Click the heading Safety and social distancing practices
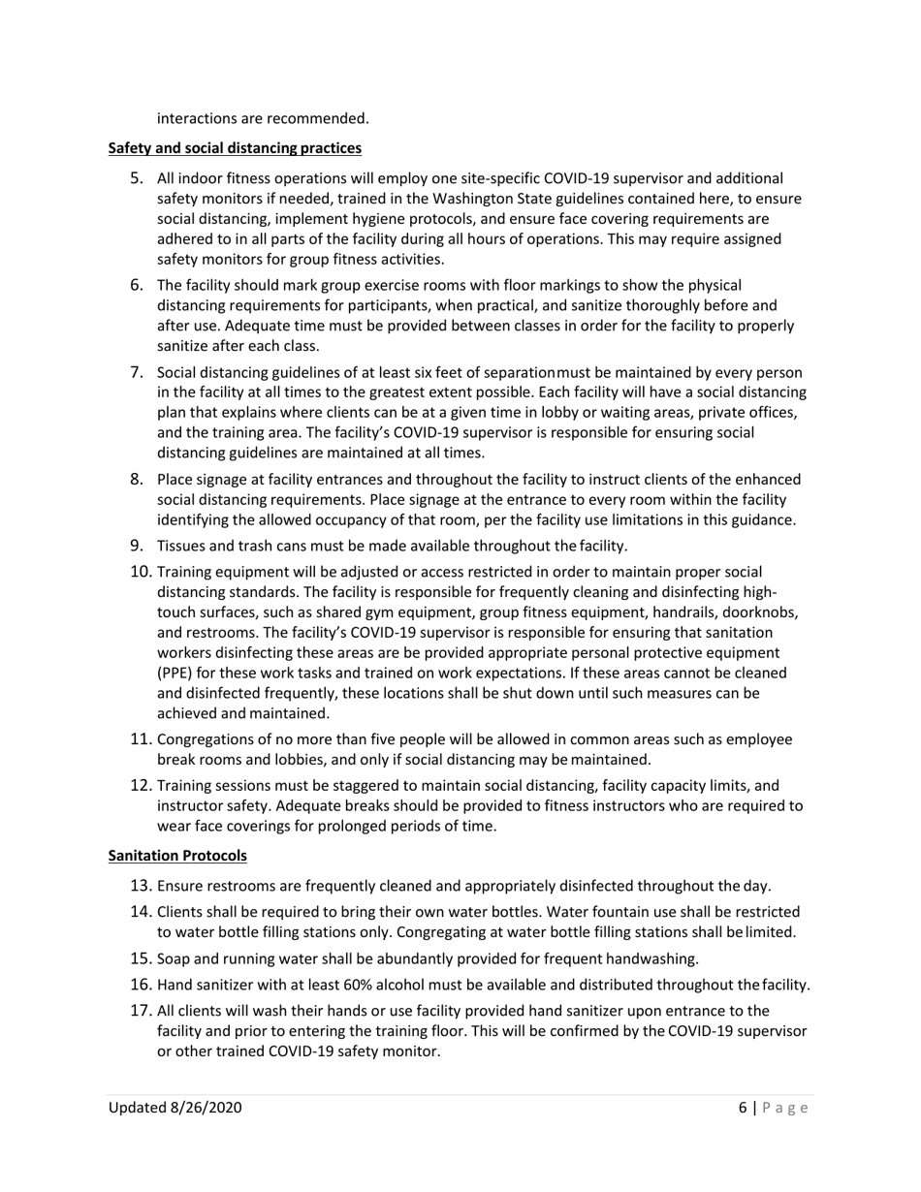click(x=235, y=148)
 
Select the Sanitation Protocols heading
click(x=177, y=856)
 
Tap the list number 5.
click(x=138, y=177)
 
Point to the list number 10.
click(x=141, y=572)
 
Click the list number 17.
click(x=141, y=1011)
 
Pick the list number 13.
click(x=141, y=886)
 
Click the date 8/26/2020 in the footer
click(x=204, y=1108)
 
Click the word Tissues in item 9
click(x=181, y=546)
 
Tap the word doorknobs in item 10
click(x=766, y=612)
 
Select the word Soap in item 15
click(x=173, y=959)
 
